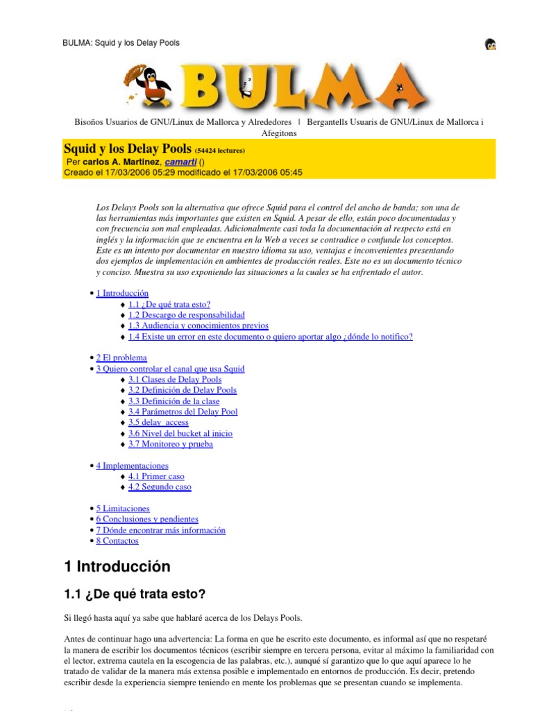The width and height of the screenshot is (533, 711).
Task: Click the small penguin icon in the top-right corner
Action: (490, 44)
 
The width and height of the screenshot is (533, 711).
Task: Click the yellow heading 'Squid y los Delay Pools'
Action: (128, 149)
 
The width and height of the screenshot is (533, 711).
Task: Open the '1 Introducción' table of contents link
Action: (122, 294)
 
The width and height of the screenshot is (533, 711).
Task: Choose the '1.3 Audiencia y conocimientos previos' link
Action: (198, 326)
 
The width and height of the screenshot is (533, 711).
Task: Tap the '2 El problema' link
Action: (121, 358)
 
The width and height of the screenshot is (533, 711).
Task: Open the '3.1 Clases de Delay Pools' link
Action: (175, 380)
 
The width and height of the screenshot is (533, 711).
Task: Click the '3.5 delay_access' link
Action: (158, 422)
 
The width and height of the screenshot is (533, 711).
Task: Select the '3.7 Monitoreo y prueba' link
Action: (170, 444)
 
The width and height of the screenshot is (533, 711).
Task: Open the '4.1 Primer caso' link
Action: (156, 476)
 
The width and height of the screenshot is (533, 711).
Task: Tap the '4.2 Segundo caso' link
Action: (160, 487)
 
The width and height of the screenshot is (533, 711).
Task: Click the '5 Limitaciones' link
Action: (123, 508)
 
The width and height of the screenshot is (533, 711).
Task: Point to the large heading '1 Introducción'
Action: (117, 567)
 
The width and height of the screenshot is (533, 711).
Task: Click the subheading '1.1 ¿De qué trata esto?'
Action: (135, 595)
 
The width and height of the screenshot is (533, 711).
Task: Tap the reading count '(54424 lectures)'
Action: (220, 151)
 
